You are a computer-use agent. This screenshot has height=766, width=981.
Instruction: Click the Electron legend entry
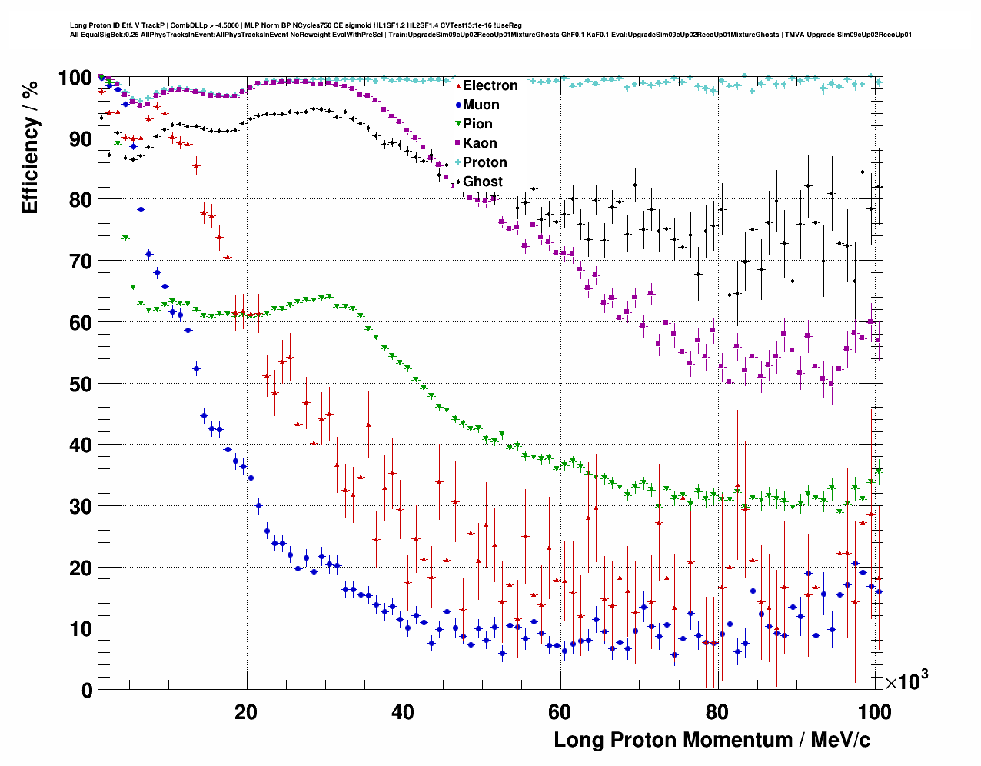pyautogui.click(x=490, y=85)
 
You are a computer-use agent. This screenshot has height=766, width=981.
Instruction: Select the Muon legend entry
pyautogui.click(x=481, y=105)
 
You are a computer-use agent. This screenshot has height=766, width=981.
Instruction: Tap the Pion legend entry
pyautogui.click(x=477, y=124)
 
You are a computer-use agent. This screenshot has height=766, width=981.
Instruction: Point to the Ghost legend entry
pyautogui.click(x=482, y=182)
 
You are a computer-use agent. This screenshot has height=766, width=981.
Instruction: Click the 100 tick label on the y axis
pyautogui.click(x=75, y=78)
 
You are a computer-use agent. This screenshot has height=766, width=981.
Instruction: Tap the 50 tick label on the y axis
pyautogui.click(x=81, y=384)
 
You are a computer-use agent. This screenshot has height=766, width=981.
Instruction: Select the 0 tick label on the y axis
pyautogui.click(x=87, y=690)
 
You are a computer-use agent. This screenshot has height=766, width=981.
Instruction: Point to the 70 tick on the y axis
pyautogui.click(x=81, y=261)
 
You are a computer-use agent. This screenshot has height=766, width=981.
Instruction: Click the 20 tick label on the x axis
pyautogui.click(x=246, y=711)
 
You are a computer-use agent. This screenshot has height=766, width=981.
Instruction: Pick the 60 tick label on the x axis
pyautogui.click(x=560, y=711)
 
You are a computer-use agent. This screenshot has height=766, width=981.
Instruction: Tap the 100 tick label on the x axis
pyautogui.click(x=874, y=711)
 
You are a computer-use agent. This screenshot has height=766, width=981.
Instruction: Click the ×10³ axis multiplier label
pyautogui.click(x=906, y=681)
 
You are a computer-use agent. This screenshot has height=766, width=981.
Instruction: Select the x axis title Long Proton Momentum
pyautogui.click(x=712, y=740)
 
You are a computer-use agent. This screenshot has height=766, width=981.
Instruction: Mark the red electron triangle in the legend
pyautogui.click(x=458, y=86)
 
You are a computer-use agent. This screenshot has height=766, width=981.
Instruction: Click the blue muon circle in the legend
pyautogui.click(x=458, y=105)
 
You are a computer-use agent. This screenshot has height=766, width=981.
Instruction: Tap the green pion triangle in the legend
pyautogui.click(x=458, y=124)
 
